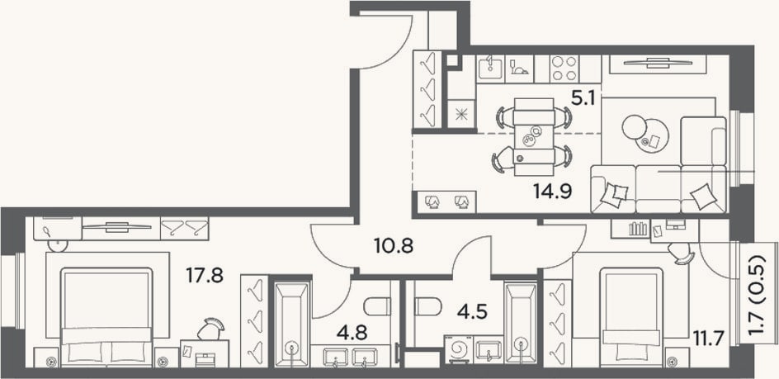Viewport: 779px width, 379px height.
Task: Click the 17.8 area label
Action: click(x=205, y=275)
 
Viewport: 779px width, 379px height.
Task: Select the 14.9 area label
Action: click(x=553, y=191)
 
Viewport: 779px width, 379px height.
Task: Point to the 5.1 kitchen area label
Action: click(x=583, y=99)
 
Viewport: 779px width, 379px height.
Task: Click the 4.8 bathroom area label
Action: click(x=353, y=333)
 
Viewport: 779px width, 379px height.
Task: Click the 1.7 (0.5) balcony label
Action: click(x=757, y=298)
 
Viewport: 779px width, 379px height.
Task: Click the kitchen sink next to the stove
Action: click(x=490, y=69)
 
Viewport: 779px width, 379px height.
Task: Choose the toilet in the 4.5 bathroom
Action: click(x=428, y=306)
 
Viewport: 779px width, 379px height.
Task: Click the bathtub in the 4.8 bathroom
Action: click(x=293, y=324)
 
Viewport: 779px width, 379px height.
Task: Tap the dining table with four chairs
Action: click(x=534, y=137)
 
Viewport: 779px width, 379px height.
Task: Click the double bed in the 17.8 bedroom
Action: click(x=106, y=317)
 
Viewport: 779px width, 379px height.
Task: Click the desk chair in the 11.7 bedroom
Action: click(x=681, y=253)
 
